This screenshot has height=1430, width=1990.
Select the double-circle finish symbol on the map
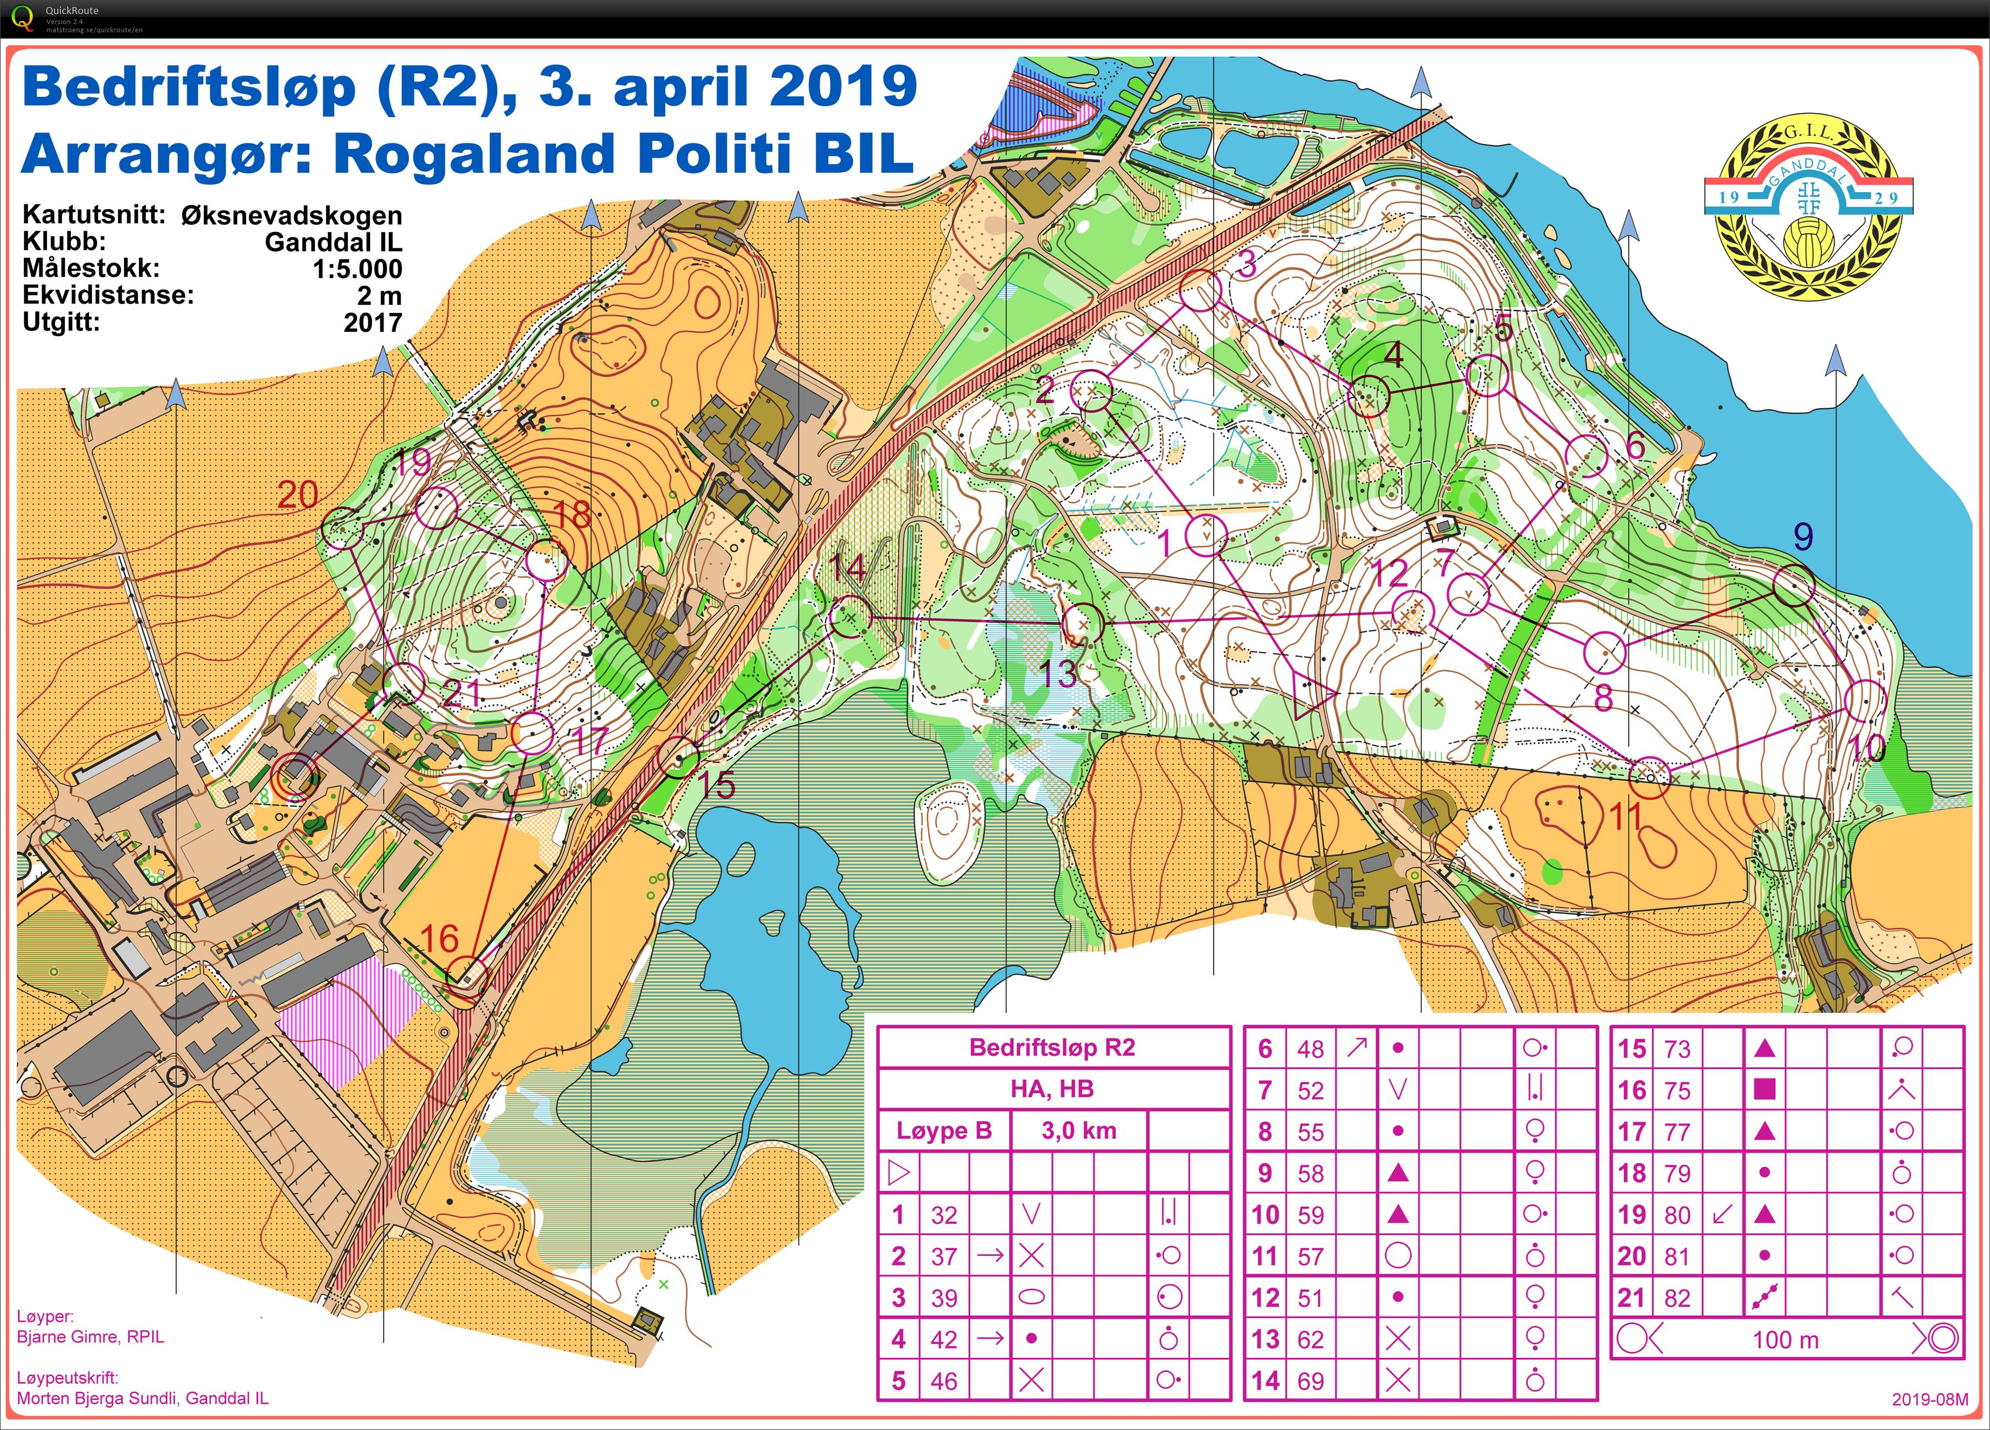295,777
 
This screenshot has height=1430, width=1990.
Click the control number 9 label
1802,535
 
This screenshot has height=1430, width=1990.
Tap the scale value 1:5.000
357,269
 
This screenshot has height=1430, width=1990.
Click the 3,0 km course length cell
1078,1130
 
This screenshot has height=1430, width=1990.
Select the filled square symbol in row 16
1765,1090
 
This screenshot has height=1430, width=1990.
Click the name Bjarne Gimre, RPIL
90,1337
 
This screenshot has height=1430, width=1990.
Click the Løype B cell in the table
943,1130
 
